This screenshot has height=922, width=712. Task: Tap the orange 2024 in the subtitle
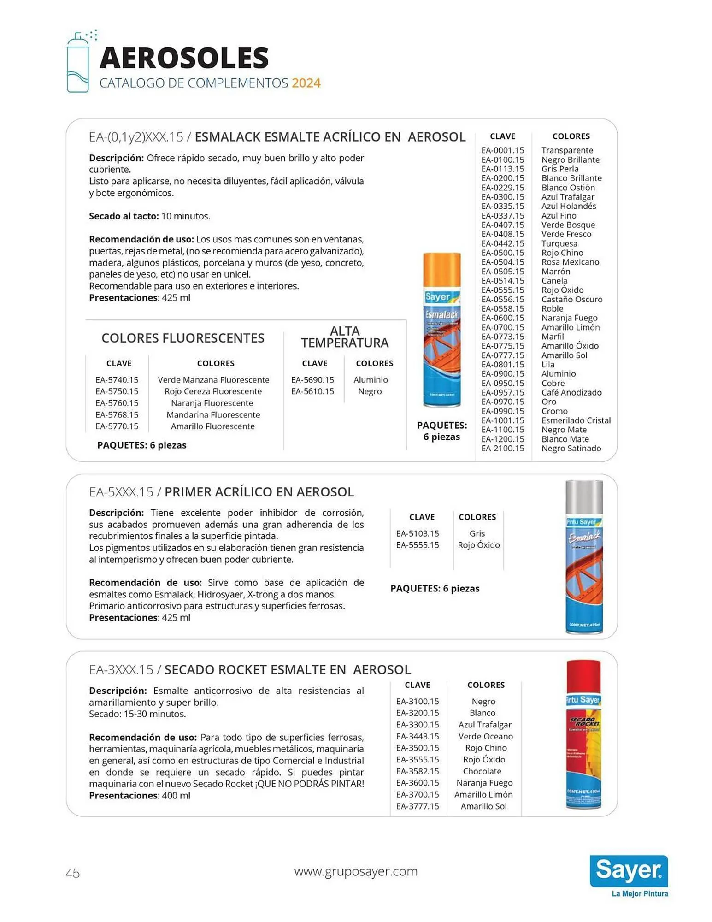306,83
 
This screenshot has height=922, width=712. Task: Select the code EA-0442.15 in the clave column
502,243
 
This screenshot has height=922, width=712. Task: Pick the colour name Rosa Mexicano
570,262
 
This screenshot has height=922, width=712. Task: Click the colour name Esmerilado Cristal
576,420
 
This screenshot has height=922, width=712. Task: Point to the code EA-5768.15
117,414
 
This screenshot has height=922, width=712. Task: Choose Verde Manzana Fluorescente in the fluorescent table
213,380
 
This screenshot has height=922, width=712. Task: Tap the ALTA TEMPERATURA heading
345,337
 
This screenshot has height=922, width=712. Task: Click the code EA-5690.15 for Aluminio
312,380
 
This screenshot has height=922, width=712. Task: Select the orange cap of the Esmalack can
441,269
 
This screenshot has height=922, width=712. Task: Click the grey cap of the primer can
584,496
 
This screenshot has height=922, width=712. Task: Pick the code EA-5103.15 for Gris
418,533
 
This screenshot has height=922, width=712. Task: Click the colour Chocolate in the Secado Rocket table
482,771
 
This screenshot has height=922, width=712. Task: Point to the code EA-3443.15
418,736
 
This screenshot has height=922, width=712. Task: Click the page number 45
73,873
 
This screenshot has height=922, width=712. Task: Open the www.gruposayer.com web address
356,871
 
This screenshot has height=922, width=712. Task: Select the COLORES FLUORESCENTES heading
183,338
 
